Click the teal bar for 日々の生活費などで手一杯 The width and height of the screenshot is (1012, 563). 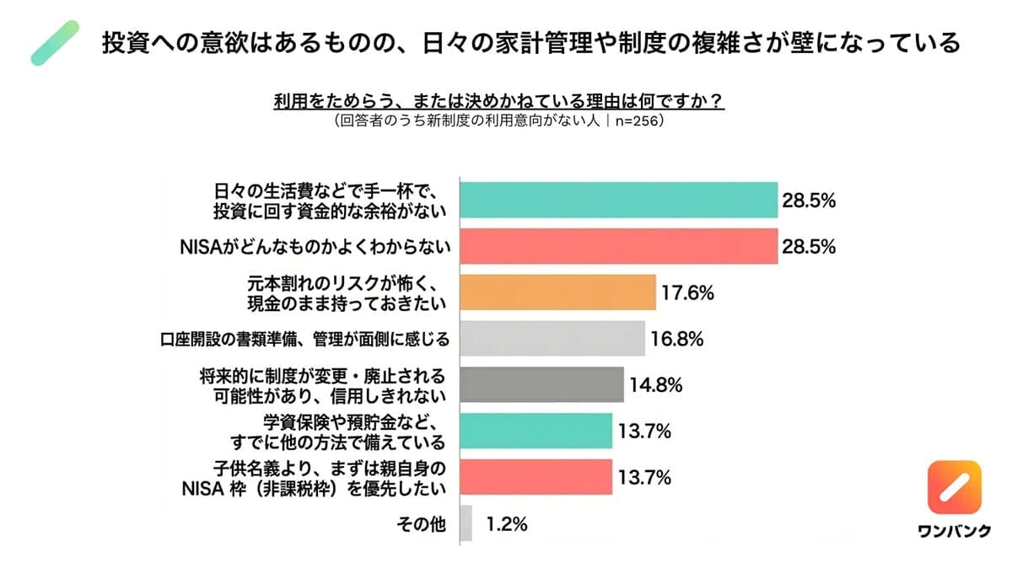pyautogui.click(x=618, y=201)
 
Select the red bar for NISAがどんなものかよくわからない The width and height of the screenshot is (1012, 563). pyautogui.click(x=618, y=247)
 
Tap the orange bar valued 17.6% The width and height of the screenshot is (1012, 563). pyautogui.click(x=557, y=292)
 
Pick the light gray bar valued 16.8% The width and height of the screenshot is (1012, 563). pyautogui.click(x=552, y=339)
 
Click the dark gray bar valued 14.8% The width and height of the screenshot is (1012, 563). pyautogui.click(x=541, y=385)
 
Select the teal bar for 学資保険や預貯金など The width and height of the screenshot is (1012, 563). pyautogui.click(x=536, y=431)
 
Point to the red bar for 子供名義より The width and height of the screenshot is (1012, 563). pyautogui.click(x=536, y=477)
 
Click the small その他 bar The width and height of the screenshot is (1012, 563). pyautogui.click(x=466, y=523)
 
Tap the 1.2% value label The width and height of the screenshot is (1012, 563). pyautogui.click(x=506, y=523)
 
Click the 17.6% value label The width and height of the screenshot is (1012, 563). pyautogui.click(x=688, y=293)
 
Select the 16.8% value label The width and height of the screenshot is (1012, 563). pyautogui.click(x=677, y=339)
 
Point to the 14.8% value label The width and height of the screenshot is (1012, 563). pyautogui.click(x=655, y=385)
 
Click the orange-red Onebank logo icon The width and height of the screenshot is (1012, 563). pyautogui.click(x=955, y=487)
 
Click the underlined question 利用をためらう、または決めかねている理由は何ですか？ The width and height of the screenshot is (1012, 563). pyautogui.click(x=498, y=101)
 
